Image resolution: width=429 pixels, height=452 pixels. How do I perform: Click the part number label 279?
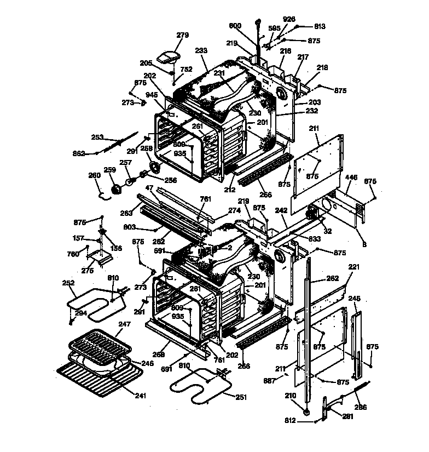pos(182,35)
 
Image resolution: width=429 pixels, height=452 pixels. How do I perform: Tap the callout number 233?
pos(201,50)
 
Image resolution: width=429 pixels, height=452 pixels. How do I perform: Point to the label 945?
pos(152,94)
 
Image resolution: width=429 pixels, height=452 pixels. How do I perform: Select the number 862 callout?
pos(79,153)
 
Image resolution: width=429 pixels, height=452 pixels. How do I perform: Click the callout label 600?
pos(235,26)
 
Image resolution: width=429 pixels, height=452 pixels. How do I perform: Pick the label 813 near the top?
pos(320,26)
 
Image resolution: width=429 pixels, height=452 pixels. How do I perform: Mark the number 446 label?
pos(351,177)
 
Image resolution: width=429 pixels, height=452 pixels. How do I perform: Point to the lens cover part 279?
pos(169,56)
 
